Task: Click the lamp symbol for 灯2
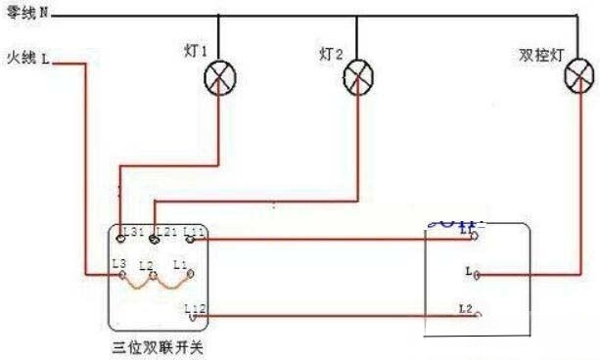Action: tap(357, 77)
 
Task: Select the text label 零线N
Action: tap(26, 14)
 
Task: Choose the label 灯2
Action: tap(331, 54)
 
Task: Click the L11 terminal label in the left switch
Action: tap(193, 232)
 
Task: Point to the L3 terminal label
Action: tap(119, 264)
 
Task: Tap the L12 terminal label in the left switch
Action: tap(194, 308)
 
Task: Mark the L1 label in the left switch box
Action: tap(178, 264)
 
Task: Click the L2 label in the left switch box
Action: tap(146, 266)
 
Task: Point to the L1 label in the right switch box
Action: tap(465, 232)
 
